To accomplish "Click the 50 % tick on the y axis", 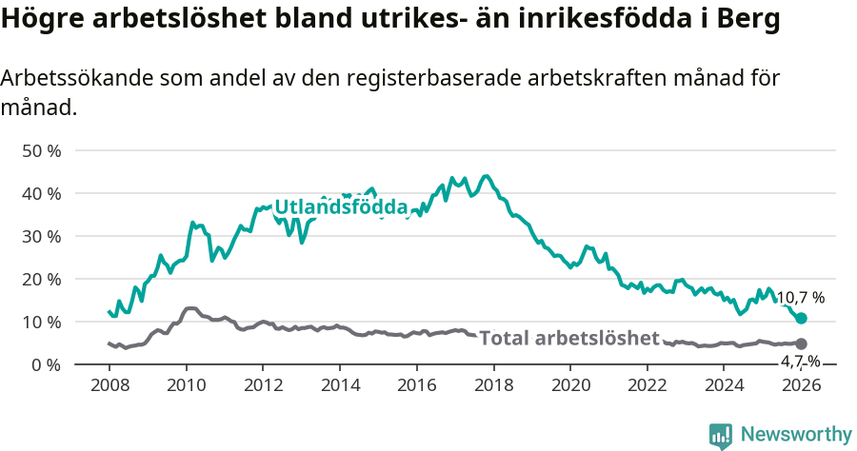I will point(41,150).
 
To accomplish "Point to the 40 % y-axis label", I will point(41,193).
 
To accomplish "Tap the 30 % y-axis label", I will point(41,236).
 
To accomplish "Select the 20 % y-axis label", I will point(41,279).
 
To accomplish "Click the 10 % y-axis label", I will point(41,322).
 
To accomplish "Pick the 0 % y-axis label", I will point(45,364).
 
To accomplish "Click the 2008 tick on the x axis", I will point(109,385).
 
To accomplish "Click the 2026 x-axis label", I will point(801,385).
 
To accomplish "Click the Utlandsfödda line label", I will point(341,207).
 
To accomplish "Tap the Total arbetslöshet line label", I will point(568,338).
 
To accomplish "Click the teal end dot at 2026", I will point(801,318).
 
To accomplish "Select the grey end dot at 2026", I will point(801,343).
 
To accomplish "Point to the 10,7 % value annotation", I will point(801,298).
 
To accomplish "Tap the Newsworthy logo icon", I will point(721,435).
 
